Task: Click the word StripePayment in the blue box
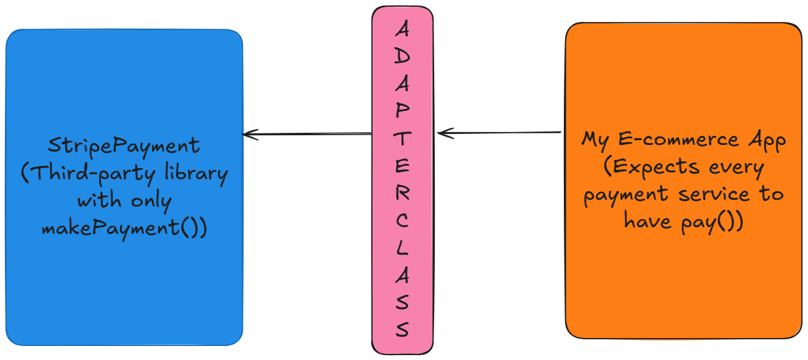(x=124, y=146)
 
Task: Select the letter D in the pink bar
(x=402, y=55)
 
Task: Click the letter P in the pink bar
(x=402, y=110)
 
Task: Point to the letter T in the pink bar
(x=402, y=138)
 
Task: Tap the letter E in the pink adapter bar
(x=402, y=166)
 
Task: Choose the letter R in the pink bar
(x=402, y=193)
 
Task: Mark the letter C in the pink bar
(x=402, y=221)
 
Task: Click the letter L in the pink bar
(x=402, y=248)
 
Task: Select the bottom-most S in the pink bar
(x=402, y=330)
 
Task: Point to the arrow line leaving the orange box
(x=505, y=132)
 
